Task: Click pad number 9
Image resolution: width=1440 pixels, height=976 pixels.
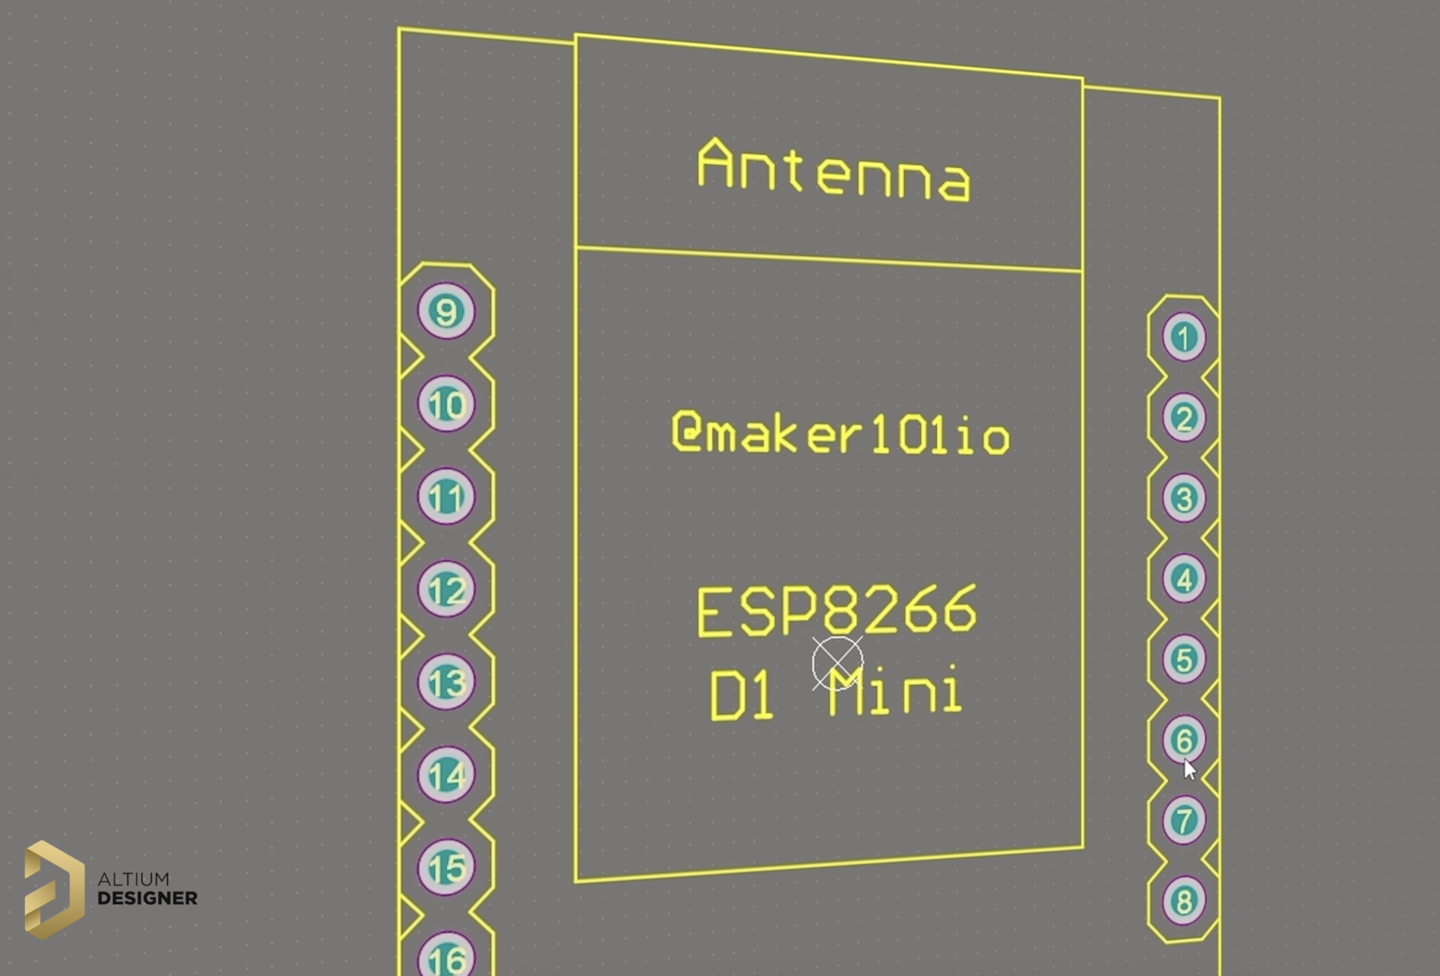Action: click(x=446, y=310)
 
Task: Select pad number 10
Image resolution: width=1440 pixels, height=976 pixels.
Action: click(x=446, y=403)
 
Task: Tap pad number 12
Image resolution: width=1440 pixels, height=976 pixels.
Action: click(x=446, y=589)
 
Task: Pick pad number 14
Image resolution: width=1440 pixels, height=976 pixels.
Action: click(x=446, y=774)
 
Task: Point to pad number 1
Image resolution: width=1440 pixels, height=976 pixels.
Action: click(x=1183, y=337)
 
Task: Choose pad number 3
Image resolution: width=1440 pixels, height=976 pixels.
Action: click(x=1183, y=498)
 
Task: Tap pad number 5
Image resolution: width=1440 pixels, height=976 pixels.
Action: click(x=1183, y=658)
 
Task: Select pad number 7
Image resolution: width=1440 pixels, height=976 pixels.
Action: click(x=1183, y=820)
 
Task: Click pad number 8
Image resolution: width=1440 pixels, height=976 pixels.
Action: click(x=1183, y=900)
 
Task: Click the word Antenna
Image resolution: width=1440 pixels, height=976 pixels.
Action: click(x=834, y=170)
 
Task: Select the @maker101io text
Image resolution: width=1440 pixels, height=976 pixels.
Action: click(x=841, y=433)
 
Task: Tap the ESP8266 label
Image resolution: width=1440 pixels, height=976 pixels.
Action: click(x=837, y=611)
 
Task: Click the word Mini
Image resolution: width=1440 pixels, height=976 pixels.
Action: click(x=895, y=691)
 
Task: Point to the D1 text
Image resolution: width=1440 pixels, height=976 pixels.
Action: click(x=741, y=695)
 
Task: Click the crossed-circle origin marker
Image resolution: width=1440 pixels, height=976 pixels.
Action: click(x=837, y=663)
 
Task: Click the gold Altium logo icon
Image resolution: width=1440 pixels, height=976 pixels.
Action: click(x=55, y=889)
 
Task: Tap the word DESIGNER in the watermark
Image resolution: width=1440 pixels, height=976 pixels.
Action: click(x=148, y=898)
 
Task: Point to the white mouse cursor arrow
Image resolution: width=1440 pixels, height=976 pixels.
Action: click(x=1190, y=770)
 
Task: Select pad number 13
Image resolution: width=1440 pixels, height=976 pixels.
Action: click(x=446, y=682)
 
